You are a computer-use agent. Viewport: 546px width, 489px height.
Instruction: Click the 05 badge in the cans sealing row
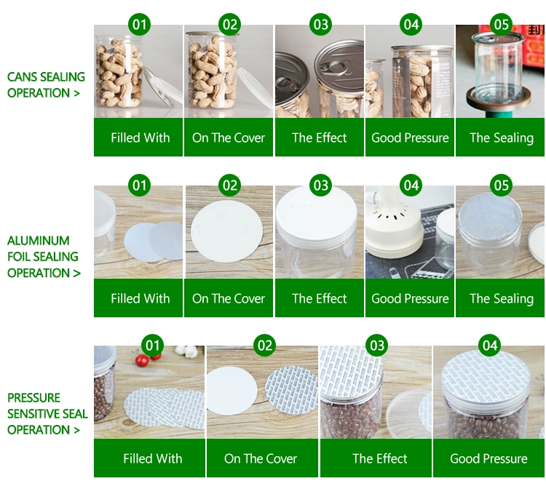click(501, 24)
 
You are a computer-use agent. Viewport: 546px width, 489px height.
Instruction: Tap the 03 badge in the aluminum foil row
click(321, 185)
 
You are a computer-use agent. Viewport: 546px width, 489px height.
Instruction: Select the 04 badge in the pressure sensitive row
click(490, 345)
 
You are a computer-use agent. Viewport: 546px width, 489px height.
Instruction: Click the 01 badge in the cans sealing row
click(139, 24)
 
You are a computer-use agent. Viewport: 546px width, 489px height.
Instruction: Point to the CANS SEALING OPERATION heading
click(46, 85)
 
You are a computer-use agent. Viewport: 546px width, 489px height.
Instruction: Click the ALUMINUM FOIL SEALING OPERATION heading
click(44, 257)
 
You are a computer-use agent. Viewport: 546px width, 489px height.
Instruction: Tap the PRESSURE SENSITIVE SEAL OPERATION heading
click(47, 413)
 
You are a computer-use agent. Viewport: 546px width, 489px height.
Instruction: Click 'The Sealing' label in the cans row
click(502, 138)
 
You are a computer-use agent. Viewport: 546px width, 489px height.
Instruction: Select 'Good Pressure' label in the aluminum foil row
click(410, 298)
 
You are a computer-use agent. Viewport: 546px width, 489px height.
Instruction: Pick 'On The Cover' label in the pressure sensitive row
click(261, 458)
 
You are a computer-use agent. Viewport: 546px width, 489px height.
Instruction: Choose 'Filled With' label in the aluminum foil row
click(141, 298)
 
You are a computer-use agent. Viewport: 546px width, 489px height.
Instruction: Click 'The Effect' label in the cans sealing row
click(320, 138)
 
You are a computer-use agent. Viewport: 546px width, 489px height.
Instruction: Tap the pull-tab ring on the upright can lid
click(333, 66)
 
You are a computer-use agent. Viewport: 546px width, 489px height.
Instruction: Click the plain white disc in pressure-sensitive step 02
click(232, 391)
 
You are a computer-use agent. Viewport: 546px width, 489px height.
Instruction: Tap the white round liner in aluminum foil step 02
click(226, 231)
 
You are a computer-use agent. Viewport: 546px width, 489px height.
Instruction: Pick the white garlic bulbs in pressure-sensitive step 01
click(186, 351)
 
